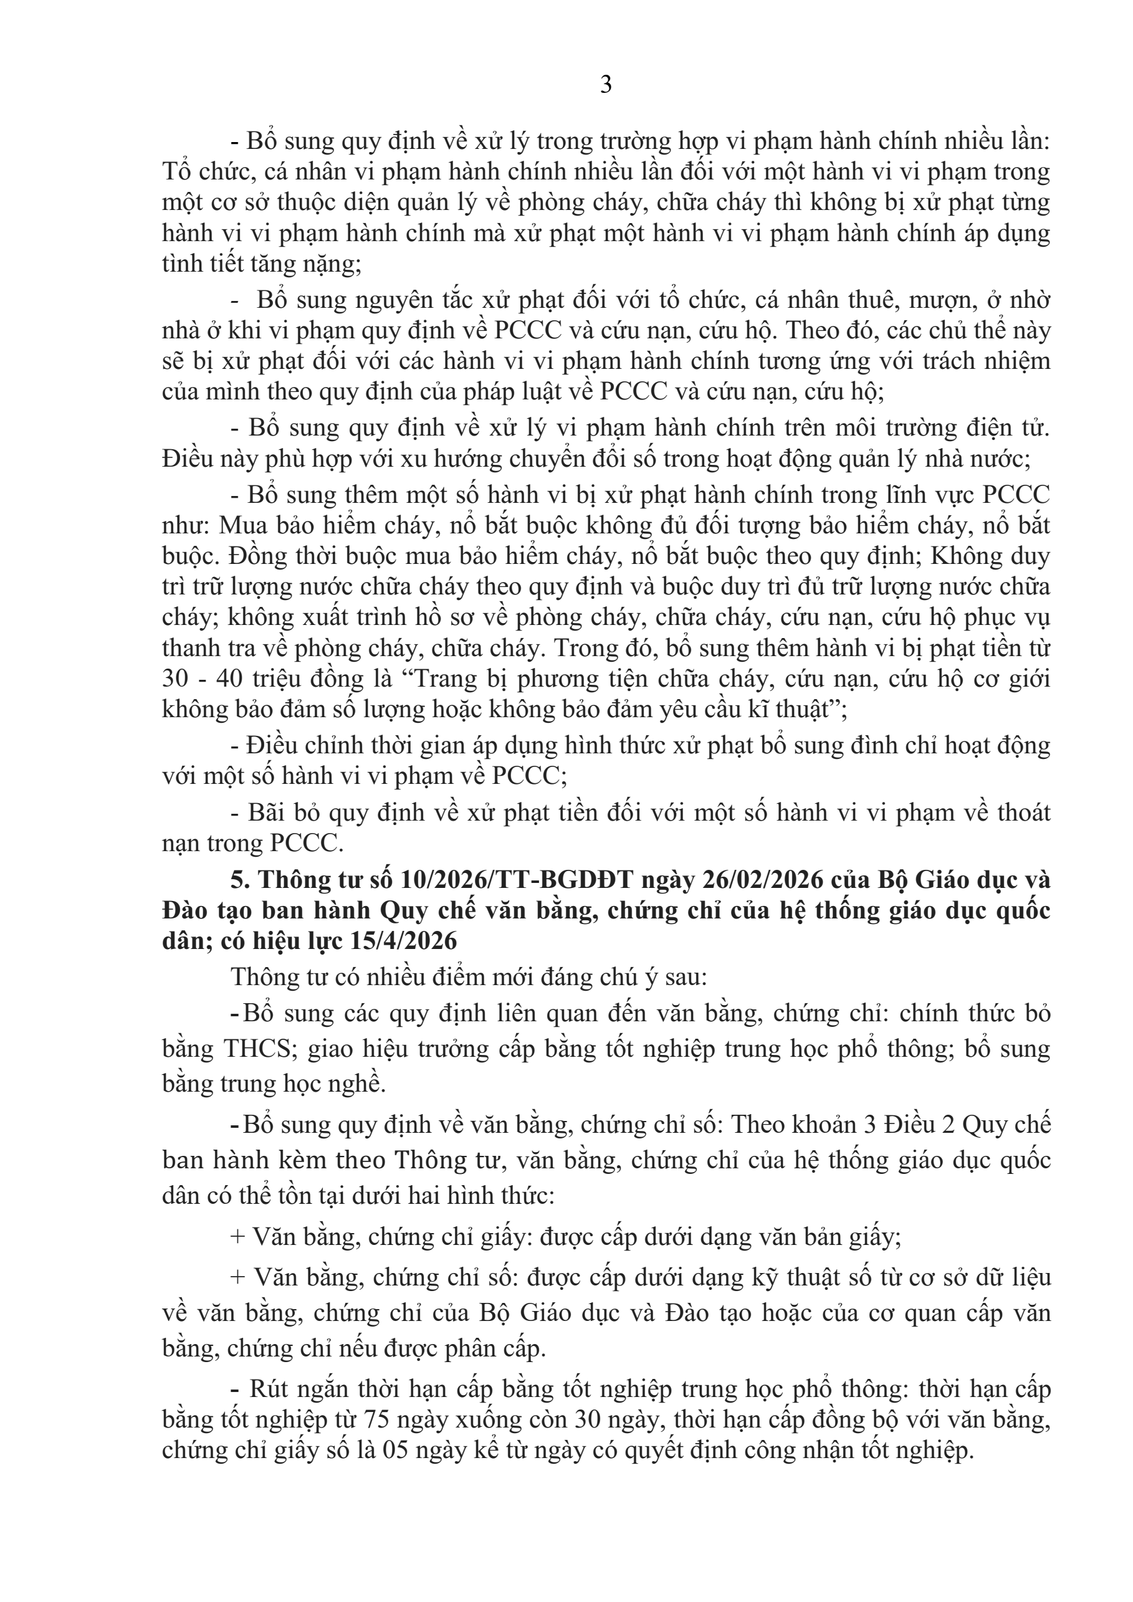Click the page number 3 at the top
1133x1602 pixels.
[606, 85]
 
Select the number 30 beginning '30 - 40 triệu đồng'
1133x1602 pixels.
[176, 679]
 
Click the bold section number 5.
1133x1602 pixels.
[240, 880]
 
